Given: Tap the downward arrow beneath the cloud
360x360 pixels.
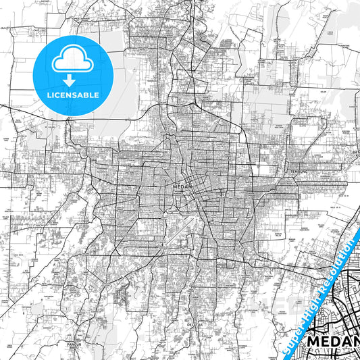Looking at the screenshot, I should click(x=72, y=79).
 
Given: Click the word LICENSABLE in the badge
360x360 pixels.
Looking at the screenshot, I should click(x=72, y=95).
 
